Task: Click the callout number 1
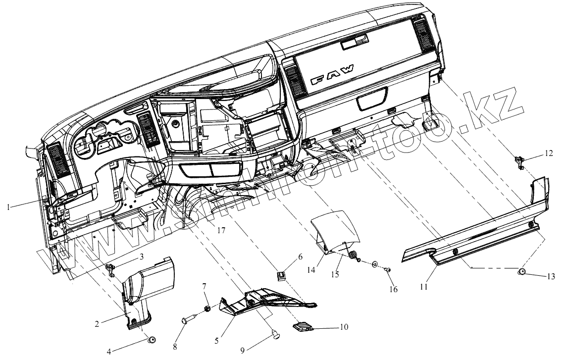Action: (8, 207)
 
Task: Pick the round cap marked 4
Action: (153, 340)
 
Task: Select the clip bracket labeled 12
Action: (519, 161)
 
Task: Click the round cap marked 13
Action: (522, 271)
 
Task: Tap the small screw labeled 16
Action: (388, 270)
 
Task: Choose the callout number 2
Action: (98, 324)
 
